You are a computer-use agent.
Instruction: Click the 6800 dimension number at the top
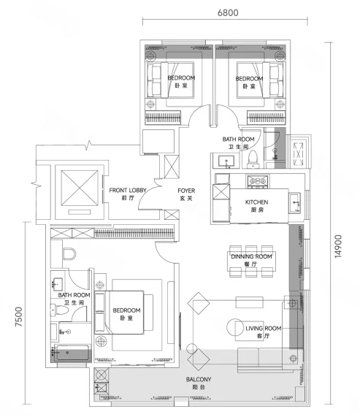point(228,12)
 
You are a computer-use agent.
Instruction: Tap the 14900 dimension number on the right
point(338,246)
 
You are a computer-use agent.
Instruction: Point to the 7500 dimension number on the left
point(18,317)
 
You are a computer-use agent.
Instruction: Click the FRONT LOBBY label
point(128,191)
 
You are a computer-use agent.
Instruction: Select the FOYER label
point(186,191)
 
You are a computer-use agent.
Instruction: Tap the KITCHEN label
point(256,202)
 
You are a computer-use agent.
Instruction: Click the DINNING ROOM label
point(251,256)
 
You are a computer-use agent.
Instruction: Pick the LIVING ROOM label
point(263,329)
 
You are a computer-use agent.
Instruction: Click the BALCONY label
point(199,380)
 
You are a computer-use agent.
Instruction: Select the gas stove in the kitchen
point(257,181)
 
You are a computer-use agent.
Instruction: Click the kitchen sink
point(295,203)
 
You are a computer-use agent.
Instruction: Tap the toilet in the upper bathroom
point(253,159)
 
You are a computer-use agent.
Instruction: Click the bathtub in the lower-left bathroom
point(72,353)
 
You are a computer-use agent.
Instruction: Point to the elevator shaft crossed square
point(80,188)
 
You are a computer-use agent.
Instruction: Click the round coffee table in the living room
point(235,327)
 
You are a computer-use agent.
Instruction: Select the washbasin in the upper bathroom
point(226,161)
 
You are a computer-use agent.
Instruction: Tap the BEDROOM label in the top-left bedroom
point(181,78)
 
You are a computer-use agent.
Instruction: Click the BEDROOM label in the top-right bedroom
point(249,79)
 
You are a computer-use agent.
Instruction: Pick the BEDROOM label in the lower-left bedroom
point(126,310)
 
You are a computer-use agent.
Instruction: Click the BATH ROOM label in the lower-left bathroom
point(74,295)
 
